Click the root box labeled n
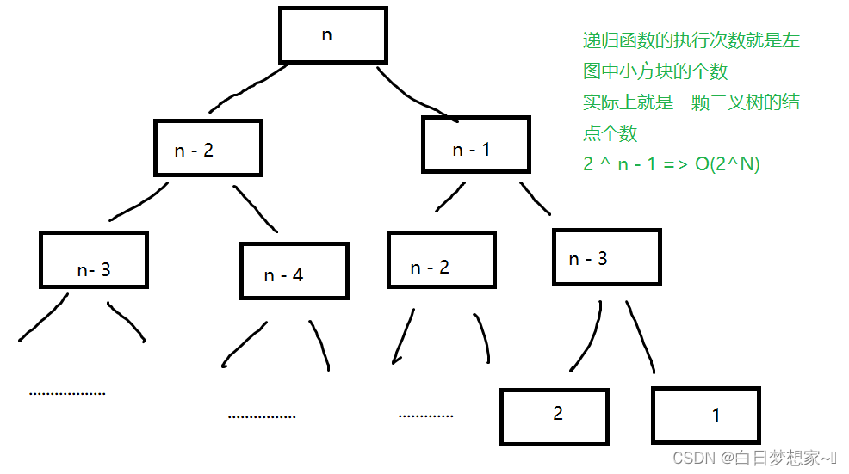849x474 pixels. coord(333,35)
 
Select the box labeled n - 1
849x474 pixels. coord(475,145)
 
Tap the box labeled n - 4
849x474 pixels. coord(294,270)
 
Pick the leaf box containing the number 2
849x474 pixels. coord(555,416)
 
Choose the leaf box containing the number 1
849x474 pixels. coord(707,416)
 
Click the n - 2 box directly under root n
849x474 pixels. coord(208,146)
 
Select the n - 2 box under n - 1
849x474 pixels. coord(441,259)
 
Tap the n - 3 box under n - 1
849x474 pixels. coord(605,257)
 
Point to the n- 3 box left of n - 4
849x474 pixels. coord(93,260)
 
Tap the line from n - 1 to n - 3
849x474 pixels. coord(534,196)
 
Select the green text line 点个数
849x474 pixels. coord(610,133)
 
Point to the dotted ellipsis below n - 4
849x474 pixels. coord(262,416)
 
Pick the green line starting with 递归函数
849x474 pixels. coord(691,40)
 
